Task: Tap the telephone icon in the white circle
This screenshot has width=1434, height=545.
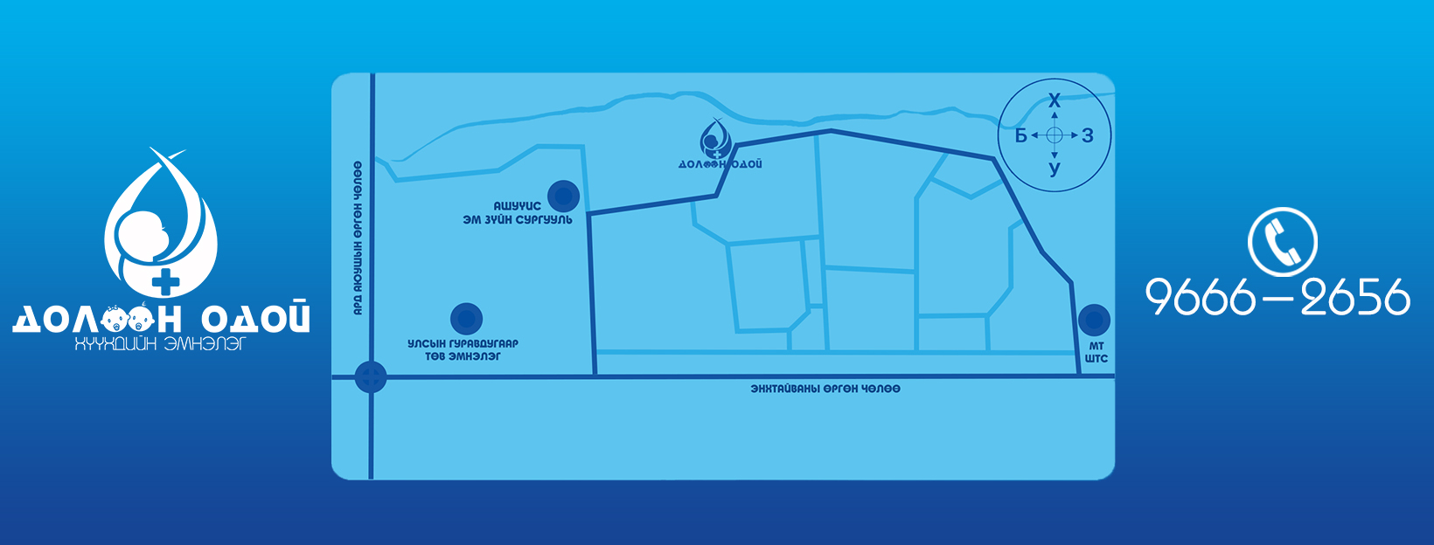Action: click(x=1282, y=241)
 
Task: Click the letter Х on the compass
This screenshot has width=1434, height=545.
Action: click(x=1055, y=100)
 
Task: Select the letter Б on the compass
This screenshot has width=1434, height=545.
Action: click(x=1021, y=135)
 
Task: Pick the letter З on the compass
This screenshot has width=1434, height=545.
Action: click(x=1088, y=135)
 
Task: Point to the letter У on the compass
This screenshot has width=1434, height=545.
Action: click(x=1055, y=169)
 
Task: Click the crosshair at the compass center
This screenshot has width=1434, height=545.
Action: click(x=1055, y=135)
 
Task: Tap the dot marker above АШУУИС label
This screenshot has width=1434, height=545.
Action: click(x=563, y=196)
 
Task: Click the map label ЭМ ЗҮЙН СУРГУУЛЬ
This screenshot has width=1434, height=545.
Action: click(x=518, y=220)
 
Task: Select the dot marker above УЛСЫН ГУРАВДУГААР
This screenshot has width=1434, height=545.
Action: click(x=466, y=319)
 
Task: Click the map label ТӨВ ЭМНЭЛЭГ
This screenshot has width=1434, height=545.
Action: click(x=463, y=356)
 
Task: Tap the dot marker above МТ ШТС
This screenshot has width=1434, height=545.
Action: click(x=1094, y=320)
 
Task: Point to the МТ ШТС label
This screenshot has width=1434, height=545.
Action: click(x=1096, y=353)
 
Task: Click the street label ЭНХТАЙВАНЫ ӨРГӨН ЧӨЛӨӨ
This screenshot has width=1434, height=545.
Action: click(x=825, y=389)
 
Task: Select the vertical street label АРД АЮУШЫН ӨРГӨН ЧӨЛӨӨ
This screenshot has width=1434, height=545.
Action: click(x=358, y=238)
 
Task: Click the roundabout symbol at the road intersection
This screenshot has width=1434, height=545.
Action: click(x=371, y=376)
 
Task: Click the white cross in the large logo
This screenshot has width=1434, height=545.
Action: click(x=166, y=281)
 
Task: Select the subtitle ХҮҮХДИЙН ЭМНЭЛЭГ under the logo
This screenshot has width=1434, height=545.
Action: click(x=160, y=343)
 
